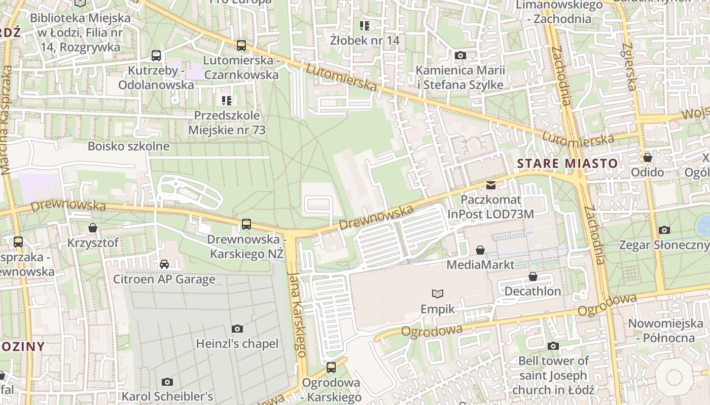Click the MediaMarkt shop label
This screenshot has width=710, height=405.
click(480, 264)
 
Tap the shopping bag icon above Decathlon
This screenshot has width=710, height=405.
click(532, 276)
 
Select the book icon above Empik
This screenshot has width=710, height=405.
click(437, 294)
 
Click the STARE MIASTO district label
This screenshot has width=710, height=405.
click(567, 164)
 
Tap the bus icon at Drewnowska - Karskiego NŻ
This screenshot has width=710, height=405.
click(246, 224)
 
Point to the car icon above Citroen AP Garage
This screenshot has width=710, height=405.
click(164, 264)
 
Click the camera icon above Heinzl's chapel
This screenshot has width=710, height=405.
click(237, 329)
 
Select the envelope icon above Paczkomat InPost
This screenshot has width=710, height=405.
click(490, 185)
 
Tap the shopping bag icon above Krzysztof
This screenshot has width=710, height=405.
click(93, 228)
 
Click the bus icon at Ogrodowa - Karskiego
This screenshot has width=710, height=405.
click(331, 368)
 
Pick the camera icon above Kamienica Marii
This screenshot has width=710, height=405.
click(460, 56)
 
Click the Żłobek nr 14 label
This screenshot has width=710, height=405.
click(365, 40)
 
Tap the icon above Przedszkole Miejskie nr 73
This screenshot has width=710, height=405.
click(227, 101)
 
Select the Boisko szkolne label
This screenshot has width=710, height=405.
click(129, 146)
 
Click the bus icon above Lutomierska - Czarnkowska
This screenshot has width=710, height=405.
click(241, 46)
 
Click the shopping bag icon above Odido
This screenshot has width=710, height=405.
click(647, 158)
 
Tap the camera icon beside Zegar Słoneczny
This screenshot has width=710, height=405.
click(664, 230)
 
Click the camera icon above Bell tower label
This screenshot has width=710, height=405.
click(553, 346)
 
